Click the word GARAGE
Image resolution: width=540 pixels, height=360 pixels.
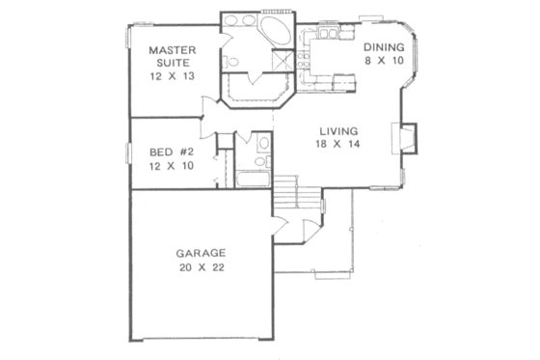tap(201, 254)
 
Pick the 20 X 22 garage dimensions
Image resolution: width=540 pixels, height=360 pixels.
tap(201, 269)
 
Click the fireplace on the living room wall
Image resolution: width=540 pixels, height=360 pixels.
tap(408, 139)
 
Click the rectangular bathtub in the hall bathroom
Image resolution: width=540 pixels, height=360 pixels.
tap(255, 180)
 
